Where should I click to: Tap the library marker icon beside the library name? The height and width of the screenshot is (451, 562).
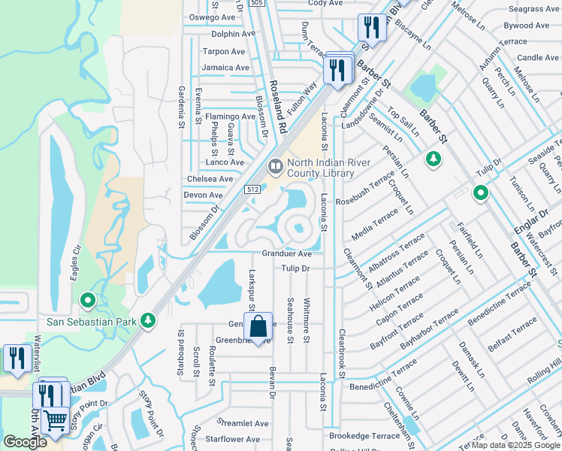(275, 165)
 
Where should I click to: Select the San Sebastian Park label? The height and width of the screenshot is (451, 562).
(91, 322)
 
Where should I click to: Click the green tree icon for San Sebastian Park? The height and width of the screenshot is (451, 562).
(149, 321)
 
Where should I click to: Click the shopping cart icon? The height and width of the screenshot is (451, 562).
(55, 419)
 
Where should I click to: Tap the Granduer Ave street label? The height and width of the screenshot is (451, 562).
(286, 254)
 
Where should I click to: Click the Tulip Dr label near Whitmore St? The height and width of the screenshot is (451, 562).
(295, 268)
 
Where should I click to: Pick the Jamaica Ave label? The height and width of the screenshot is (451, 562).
(225, 68)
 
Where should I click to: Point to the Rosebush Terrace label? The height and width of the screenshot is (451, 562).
(365, 190)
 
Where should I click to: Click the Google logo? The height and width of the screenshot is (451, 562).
(26, 442)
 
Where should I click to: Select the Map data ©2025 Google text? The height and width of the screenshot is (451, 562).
(514, 445)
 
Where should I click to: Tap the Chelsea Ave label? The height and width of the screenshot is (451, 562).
(210, 179)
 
